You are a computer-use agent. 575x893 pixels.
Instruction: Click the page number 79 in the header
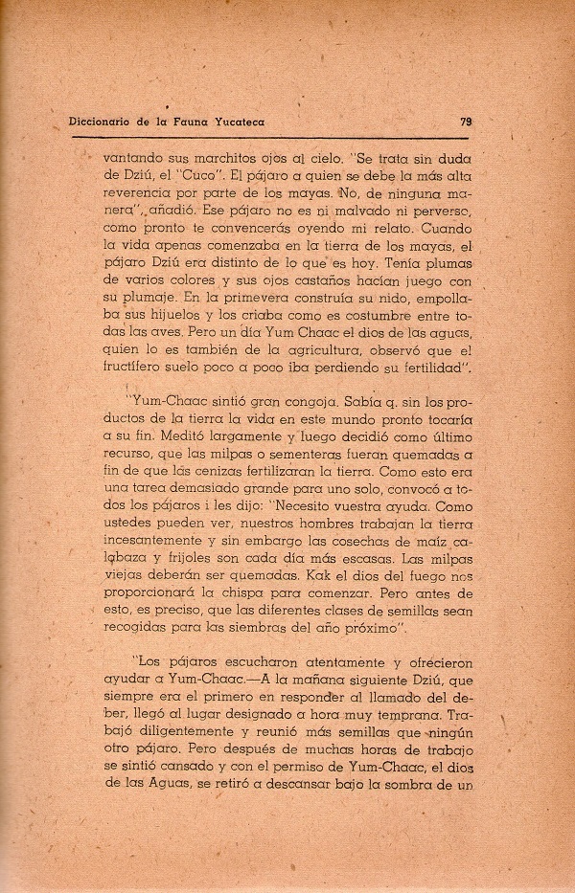[466, 122]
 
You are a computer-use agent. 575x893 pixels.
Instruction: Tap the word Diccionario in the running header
[105, 122]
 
